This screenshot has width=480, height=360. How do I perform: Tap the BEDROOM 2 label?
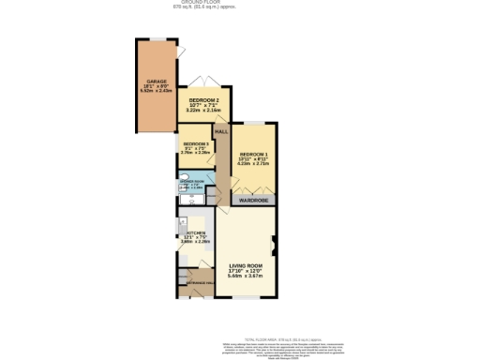coord(203,98)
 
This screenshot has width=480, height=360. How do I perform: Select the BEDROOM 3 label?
coord(196,143)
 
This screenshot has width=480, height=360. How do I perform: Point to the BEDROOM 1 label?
coord(253,153)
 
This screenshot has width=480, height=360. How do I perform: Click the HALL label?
coord(221,132)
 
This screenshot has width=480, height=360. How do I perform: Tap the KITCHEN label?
coord(197,232)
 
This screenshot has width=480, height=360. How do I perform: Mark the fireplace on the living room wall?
coord(274,247)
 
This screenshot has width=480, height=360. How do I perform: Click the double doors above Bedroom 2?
coord(200,81)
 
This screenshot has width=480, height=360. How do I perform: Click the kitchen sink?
coord(180,225)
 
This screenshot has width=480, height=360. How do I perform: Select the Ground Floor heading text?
coord(239,3)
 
